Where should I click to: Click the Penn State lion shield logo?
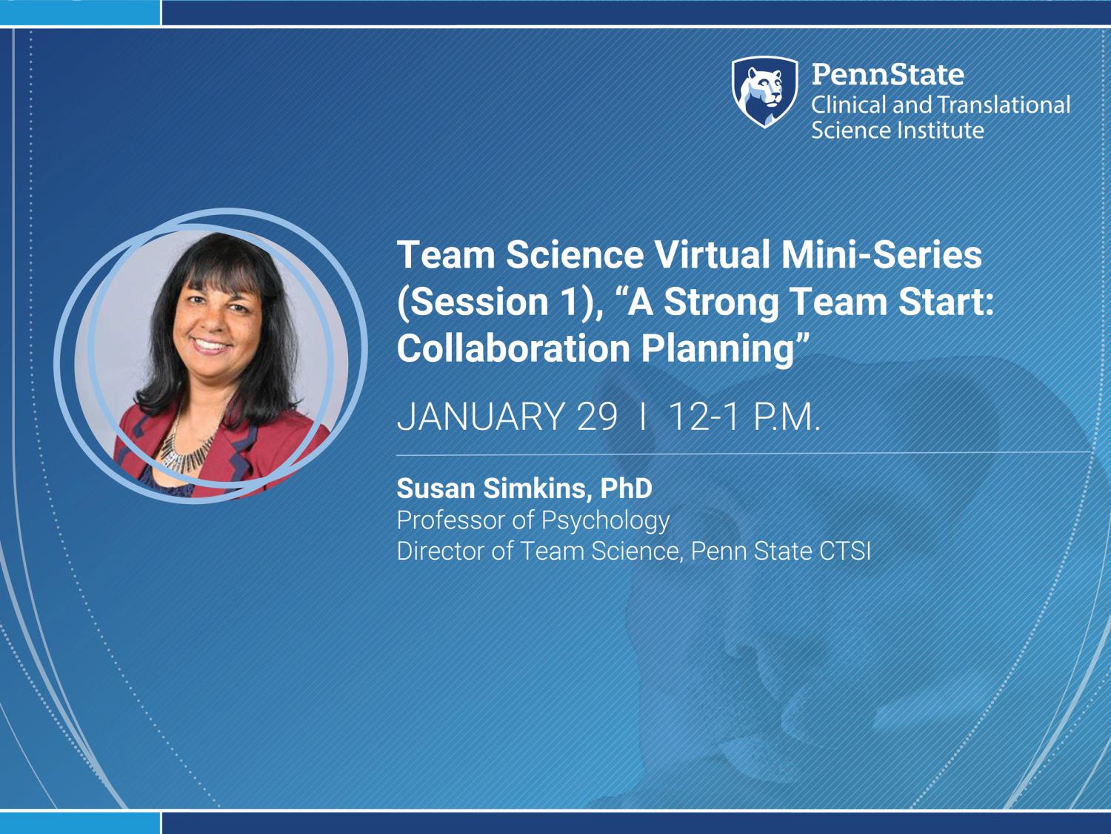pyautogui.click(x=765, y=92)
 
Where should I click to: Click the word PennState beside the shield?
pyautogui.click(x=888, y=74)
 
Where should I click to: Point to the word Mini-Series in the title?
pyautogui.click(x=881, y=254)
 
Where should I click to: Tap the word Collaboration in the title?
pyautogui.click(x=514, y=348)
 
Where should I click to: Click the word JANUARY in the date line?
pyautogui.click(x=481, y=416)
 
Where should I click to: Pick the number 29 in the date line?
pyautogui.click(x=597, y=416)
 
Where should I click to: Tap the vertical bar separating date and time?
pyautogui.click(x=643, y=416)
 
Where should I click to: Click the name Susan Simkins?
pyautogui.click(x=493, y=489)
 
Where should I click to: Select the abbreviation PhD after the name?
pyautogui.click(x=626, y=488)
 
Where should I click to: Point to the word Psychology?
pyautogui.click(x=605, y=521)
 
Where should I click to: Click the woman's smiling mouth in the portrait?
pyautogui.click(x=211, y=345)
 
